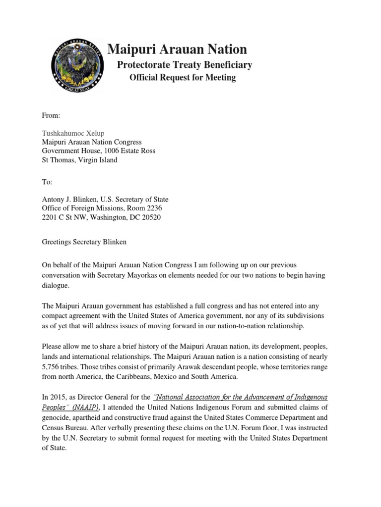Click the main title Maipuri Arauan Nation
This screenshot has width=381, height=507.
pyautogui.click(x=177, y=49)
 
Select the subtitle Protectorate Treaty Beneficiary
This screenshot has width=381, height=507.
pyautogui.click(x=184, y=65)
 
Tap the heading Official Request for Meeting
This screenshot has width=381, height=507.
pyautogui.click(x=183, y=78)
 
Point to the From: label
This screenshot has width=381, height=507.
pyautogui.click(x=51, y=115)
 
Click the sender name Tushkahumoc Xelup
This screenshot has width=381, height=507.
pyautogui.click(x=73, y=134)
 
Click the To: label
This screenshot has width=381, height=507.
pyautogui.click(x=47, y=182)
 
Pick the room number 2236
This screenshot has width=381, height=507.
pyautogui.click(x=153, y=208)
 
